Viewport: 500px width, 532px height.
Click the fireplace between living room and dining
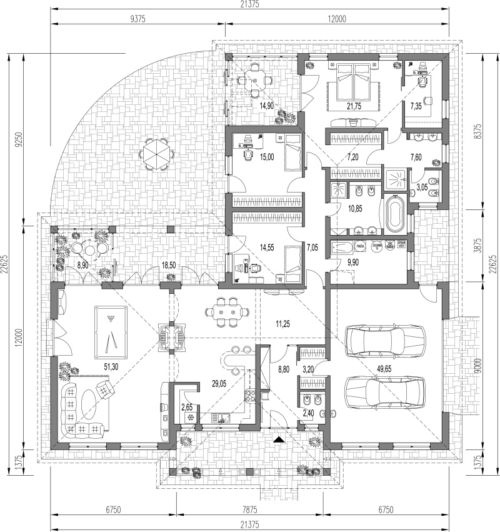[171, 336]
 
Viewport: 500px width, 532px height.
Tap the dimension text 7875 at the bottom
[249, 510]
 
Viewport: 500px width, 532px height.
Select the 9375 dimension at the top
[137, 19]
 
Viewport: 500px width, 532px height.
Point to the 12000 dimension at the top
[336, 19]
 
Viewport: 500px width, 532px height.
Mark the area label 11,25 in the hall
[284, 323]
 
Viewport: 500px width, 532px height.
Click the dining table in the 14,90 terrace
[254, 80]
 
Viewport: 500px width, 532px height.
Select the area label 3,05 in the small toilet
[423, 186]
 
